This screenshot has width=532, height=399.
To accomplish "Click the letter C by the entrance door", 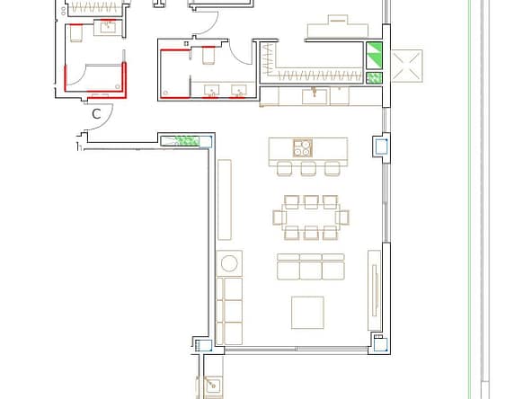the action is pos(96,113).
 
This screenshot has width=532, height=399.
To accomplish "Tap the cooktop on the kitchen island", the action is pos(303,148).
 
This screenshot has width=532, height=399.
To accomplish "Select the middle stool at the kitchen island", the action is pos(308,168).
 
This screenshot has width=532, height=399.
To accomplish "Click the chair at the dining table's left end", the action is pos(279,217).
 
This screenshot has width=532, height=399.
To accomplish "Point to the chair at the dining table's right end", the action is pos(342,217).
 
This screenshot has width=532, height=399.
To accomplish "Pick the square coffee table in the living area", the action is pos(307,313).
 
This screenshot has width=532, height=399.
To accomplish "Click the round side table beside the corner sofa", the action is pos(229,263).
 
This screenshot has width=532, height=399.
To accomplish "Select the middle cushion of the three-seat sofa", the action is pos(310,267).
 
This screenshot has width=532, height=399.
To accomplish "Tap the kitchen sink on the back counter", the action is pos(315,96).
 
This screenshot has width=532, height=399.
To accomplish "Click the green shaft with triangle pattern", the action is pos(374,56).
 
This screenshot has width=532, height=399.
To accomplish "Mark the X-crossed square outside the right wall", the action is pos(407,66).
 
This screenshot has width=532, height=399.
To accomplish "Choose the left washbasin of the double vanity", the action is pos(212,91).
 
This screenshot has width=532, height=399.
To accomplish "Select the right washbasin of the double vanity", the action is pos(239,91).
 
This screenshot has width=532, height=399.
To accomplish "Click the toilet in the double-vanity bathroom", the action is pos(208,56).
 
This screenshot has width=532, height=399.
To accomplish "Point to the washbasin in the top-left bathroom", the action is pos(108,27).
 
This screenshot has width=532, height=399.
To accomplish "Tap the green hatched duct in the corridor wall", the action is pos(186,141).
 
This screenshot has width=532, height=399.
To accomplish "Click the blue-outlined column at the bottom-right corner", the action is pos(380,345).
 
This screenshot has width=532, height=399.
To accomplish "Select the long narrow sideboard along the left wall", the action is pos(225,199).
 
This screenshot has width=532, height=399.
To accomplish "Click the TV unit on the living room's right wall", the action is pos(374,290).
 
